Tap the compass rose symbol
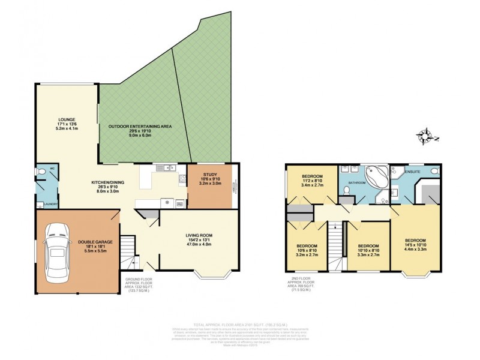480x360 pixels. pyautogui.click(x=427, y=136)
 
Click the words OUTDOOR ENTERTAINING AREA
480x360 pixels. pyautogui.click(x=140, y=127)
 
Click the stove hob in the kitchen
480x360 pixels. pyautogui.click(x=182, y=178)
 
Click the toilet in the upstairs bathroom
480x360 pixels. pyautogui.click(x=347, y=191)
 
